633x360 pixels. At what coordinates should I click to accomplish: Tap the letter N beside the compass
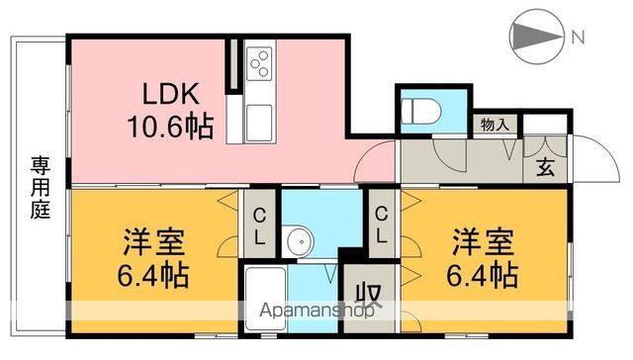click(x=577, y=38)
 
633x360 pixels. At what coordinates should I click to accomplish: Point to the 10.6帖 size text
click(x=169, y=126)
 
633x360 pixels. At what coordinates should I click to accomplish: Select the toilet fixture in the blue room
click(x=418, y=110)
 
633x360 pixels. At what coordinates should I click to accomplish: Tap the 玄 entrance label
click(x=545, y=167)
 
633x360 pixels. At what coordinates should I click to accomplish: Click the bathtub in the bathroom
click(x=264, y=297)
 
